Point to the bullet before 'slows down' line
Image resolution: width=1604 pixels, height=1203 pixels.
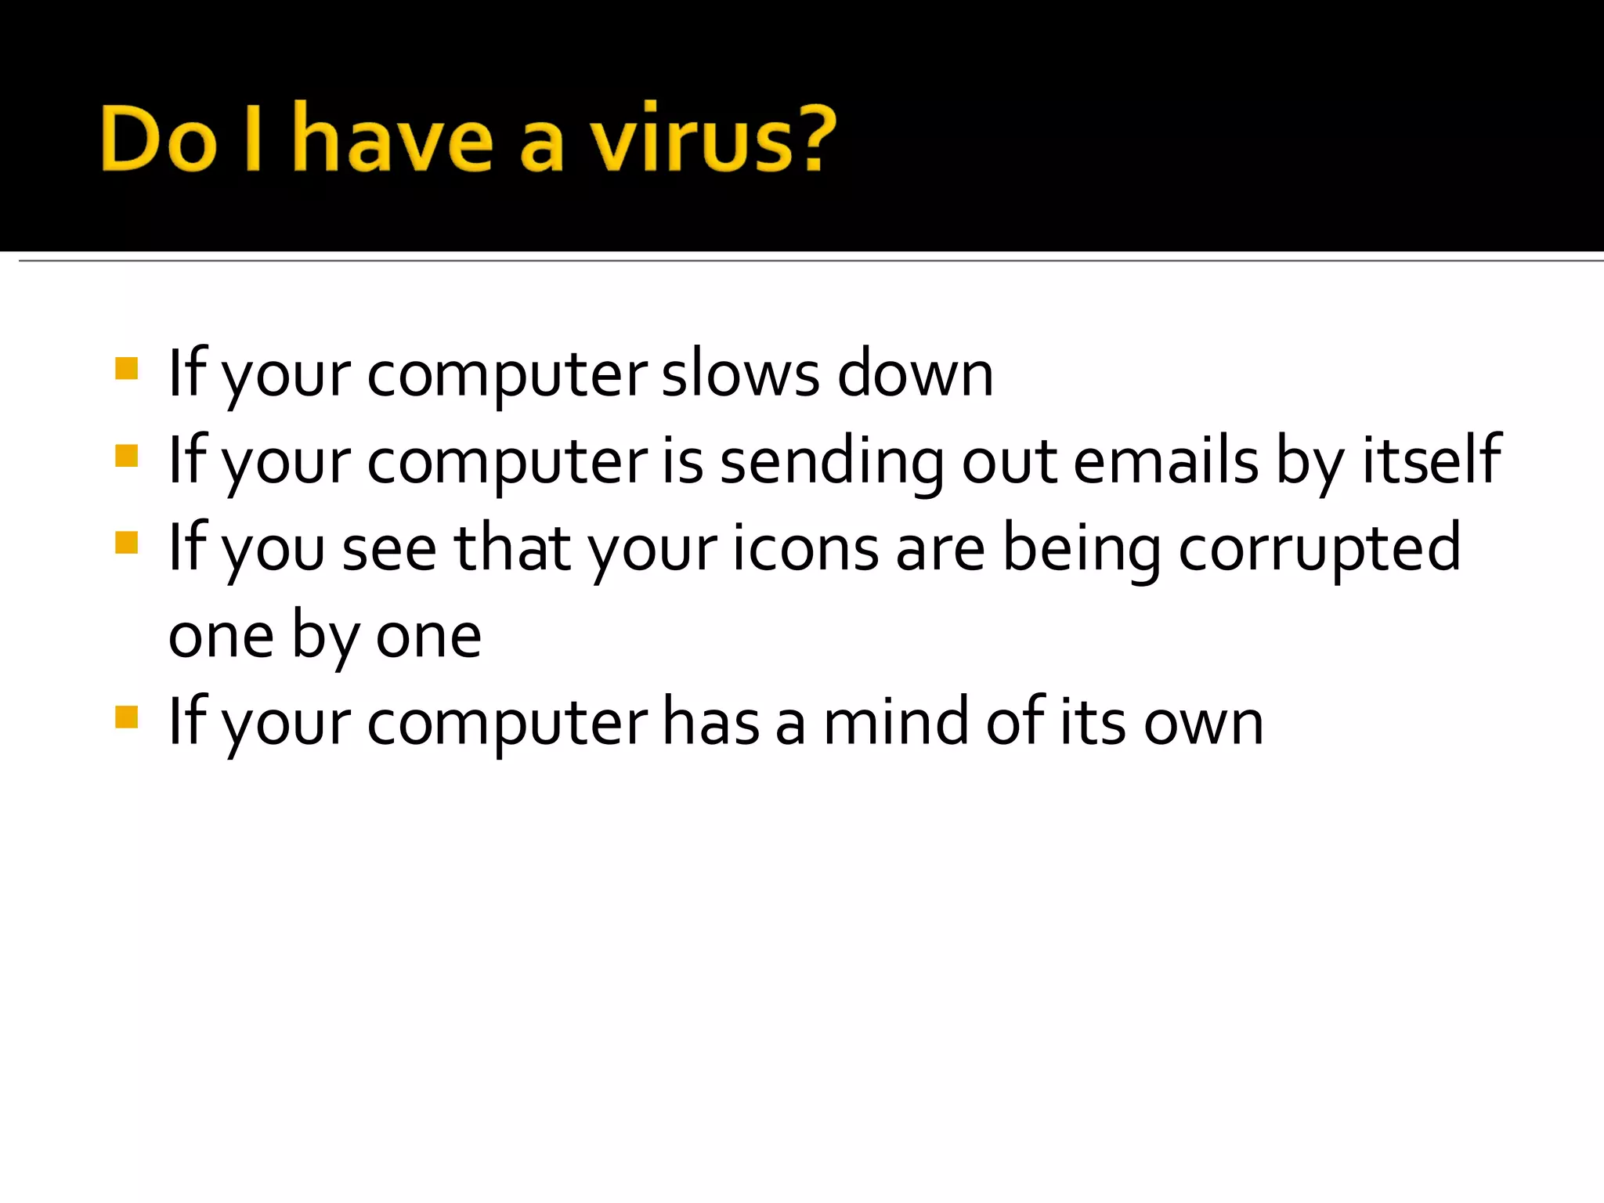pyautogui.click(x=126, y=368)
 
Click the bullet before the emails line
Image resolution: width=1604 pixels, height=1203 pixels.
pyautogui.click(x=126, y=456)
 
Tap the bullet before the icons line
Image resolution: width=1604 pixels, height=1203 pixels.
pyautogui.click(x=126, y=543)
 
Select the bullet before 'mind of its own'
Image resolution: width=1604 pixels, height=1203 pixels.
pyautogui.click(x=126, y=717)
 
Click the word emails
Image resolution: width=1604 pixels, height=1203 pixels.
pyautogui.click(x=1165, y=461)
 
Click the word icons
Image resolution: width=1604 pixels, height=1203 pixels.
pyautogui.click(x=806, y=547)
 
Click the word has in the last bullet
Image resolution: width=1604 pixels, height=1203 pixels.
pyautogui.click(x=711, y=721)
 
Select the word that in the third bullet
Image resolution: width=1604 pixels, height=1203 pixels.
pyautogui.click(x=512, y=547)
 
